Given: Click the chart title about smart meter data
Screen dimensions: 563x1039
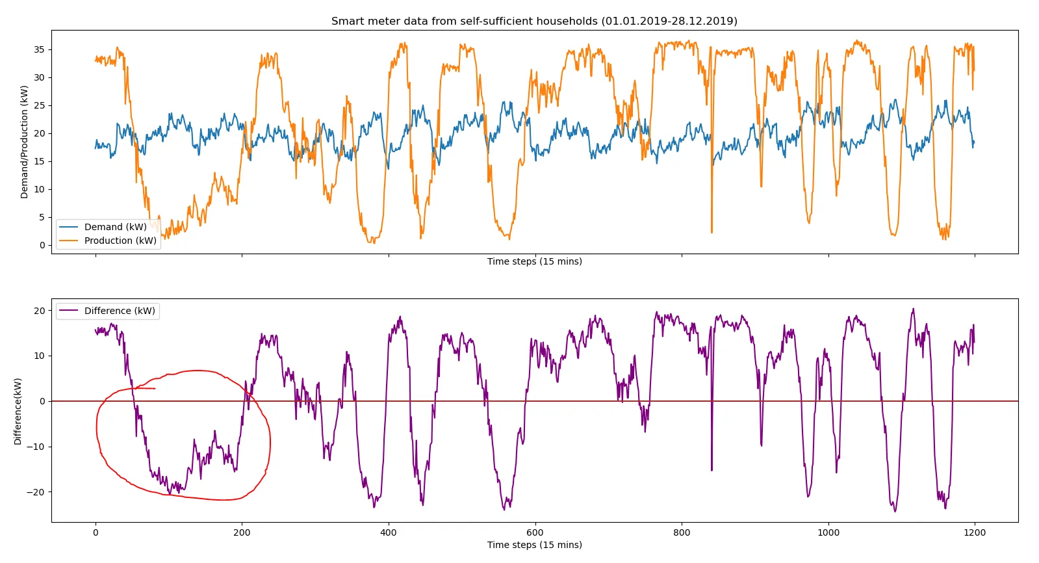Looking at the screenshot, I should point(534,21).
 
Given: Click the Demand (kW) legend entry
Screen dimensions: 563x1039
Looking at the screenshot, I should point(115,227).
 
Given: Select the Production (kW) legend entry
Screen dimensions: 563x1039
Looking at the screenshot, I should point(120,241).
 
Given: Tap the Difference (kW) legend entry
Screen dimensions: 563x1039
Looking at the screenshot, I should point(120,311).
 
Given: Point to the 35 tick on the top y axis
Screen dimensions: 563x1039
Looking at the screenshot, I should point(40,49).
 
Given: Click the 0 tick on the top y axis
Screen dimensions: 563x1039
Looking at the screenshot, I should point(42,245).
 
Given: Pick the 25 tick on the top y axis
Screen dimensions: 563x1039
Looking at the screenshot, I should point(40,105).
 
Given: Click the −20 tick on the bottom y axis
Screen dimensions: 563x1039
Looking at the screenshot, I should point(36,492).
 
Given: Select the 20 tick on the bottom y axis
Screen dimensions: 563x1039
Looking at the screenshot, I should point(40,311).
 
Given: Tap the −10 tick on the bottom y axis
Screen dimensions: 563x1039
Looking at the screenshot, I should point(36,447).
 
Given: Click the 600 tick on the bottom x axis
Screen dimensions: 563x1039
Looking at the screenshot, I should point(535,532).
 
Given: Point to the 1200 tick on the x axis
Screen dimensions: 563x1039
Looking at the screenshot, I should point(975,532).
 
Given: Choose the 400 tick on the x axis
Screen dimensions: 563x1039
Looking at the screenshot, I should point(389,532).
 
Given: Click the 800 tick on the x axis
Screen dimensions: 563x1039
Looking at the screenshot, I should point(682,532).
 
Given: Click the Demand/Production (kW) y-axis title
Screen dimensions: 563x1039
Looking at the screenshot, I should point(24,142).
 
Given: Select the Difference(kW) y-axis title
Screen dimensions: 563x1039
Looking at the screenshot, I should point(18,411).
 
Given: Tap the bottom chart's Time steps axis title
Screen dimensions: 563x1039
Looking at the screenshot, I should point(534,545).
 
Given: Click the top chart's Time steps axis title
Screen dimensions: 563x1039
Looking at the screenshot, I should point(534,261).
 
